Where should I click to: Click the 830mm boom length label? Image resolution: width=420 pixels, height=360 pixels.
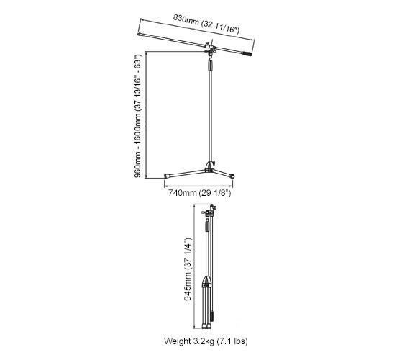click(x=206, y=24)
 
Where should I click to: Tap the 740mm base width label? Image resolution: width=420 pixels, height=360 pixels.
click(x=199, y=193)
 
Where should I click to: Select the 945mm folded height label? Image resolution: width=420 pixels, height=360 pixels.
click(x=188, y=269)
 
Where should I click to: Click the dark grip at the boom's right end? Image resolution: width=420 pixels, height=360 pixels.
click(x=247, y=54)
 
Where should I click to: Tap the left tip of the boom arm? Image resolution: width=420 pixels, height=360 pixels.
click(x=140, y=35)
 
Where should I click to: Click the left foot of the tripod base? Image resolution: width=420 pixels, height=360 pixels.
click(x=167, y=176)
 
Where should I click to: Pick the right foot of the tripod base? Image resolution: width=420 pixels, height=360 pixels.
click(x=232, y=176)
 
